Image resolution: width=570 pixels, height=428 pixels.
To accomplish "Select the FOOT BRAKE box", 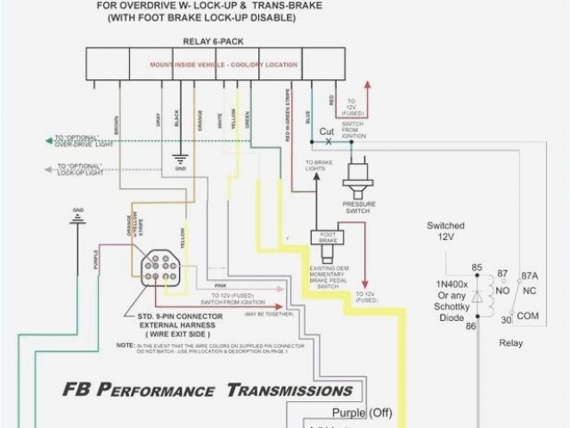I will point(322,237).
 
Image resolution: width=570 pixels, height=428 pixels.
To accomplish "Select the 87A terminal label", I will point(530,276).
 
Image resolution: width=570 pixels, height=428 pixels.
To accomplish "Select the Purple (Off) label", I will point(362,412).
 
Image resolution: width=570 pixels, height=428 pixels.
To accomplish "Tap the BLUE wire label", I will point(308,116).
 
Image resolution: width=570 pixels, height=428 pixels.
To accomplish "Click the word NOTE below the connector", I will point(123,344).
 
